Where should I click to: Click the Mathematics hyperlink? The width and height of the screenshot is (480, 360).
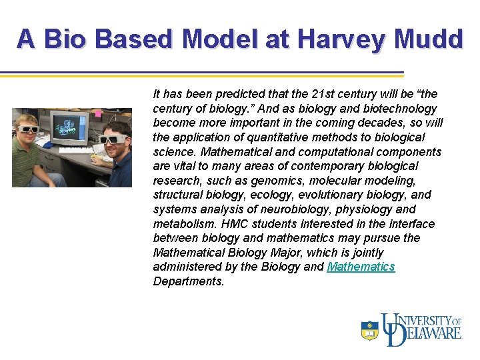[361, 267]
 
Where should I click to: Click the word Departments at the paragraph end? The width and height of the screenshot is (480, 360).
[189, 281]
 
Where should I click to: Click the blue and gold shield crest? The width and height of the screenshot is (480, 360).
[369, 331]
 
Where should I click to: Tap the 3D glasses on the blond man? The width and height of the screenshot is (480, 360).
[27, 129]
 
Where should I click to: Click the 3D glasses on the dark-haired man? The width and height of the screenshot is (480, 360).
[113, 139]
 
